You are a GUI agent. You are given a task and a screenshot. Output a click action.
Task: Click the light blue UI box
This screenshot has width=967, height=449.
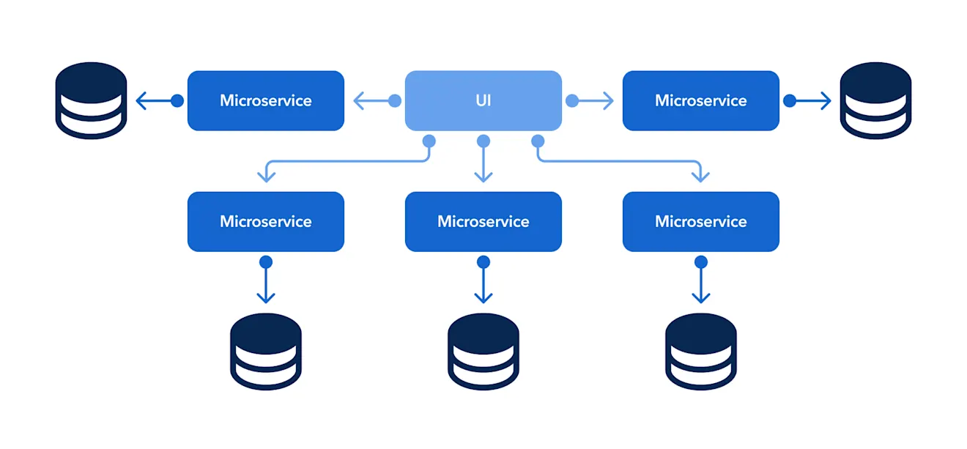(483, 100)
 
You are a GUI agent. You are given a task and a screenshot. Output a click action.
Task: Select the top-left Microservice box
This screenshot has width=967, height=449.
(265, 100)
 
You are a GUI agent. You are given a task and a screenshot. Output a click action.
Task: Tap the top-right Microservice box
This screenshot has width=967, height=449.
(700, 100)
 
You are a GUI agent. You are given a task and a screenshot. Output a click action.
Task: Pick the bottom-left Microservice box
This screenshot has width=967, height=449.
(265, 221)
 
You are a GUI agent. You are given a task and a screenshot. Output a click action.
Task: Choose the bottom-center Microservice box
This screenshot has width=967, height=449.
(483, 221)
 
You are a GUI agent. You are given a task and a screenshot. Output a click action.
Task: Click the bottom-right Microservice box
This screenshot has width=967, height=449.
(700, 221)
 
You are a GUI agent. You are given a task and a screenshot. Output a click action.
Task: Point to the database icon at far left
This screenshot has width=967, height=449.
(92, 101)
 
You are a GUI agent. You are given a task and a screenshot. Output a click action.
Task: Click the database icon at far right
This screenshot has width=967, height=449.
(875, 101)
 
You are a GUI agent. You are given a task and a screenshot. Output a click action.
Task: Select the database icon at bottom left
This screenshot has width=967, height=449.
(265, 352)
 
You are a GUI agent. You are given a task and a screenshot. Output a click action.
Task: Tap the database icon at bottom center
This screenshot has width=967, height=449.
(483, 352)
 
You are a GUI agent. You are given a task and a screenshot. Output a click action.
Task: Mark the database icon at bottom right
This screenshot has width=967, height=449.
(700, 352)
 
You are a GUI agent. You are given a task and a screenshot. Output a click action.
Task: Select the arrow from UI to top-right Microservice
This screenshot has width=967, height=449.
(592, 101)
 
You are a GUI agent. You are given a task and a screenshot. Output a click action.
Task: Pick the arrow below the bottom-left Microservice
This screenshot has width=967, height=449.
(265, 281)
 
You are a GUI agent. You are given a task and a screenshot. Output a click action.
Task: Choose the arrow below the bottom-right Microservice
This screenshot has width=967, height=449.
(700, 281)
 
